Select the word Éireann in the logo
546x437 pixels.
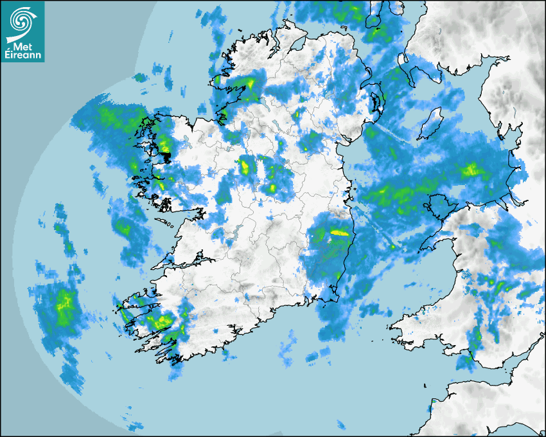(x=23, y=56)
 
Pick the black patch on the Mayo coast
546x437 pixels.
(x=166, y=156)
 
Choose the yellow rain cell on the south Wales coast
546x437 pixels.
(x=475, y=334)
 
